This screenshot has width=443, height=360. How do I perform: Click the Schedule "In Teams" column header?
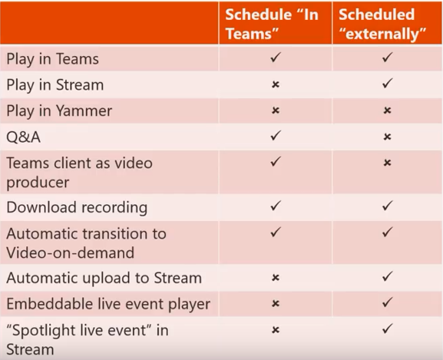pos(272,24)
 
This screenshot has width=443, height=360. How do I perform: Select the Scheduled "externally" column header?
pos(382,24)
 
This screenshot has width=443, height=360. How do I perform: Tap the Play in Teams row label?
pos(52,59)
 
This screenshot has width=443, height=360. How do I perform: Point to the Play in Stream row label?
pos(55,85)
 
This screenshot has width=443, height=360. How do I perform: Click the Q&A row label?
pos(24,137)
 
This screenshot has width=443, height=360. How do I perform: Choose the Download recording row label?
pos(77,207)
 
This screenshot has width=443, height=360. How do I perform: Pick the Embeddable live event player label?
pos(108,305)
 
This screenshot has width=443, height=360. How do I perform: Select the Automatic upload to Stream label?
pos(104,278)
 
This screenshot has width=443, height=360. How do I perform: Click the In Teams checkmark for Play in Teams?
pos(276,58)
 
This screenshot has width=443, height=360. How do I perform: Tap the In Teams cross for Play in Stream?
pos(276,84)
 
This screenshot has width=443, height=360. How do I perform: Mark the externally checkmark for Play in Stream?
pos(388,84)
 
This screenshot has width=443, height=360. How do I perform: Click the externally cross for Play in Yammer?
pos(388,110)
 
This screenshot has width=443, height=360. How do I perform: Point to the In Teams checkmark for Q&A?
pos(276,135)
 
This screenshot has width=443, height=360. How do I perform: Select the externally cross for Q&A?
pos(388,137)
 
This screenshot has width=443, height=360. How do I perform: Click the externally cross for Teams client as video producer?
pos(388,163)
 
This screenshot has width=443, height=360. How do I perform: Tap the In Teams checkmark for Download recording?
pos(276,206)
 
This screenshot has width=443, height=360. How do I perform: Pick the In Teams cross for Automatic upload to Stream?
pos(276,278)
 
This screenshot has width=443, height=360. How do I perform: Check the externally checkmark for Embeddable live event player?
pos(388,302)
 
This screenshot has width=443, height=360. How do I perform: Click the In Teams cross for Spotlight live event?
pos(276,330)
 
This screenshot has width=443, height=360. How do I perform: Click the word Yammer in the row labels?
pos(84,111)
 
